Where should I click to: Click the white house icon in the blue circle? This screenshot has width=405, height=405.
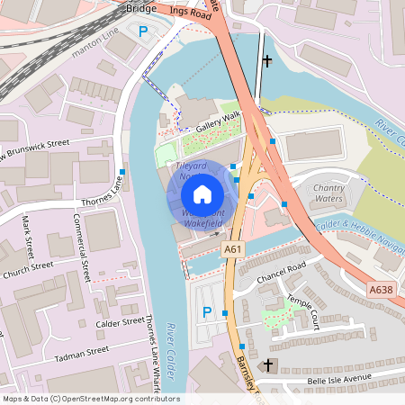202,193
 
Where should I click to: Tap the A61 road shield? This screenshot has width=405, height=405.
233,247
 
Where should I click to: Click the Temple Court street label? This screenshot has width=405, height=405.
303,310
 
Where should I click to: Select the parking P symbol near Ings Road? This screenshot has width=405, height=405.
142,31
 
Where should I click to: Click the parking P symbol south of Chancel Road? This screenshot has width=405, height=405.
207,311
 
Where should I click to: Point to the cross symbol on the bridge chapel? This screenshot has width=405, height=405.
266,61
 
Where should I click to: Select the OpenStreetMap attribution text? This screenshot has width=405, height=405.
90,398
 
